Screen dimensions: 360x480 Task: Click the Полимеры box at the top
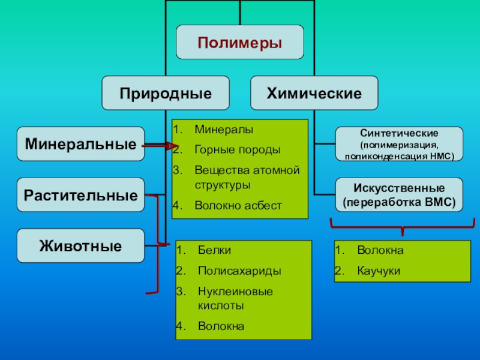pos(239,42)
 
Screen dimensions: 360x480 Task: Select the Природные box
pos(165,93)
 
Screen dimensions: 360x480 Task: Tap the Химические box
pos(314,93)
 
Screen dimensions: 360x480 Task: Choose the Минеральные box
pos(80,144)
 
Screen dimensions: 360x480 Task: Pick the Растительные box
pos(80,195)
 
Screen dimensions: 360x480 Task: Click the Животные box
pos(80,245)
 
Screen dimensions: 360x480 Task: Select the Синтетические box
pos(399,144)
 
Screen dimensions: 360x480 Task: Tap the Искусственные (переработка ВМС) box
pos(399,195)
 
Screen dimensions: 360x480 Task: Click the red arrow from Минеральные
pos(159,145)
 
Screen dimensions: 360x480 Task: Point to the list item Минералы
pos(224,130)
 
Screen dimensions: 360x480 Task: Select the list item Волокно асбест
pos(238,205)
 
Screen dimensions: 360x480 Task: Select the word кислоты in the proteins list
pos(221,305)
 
